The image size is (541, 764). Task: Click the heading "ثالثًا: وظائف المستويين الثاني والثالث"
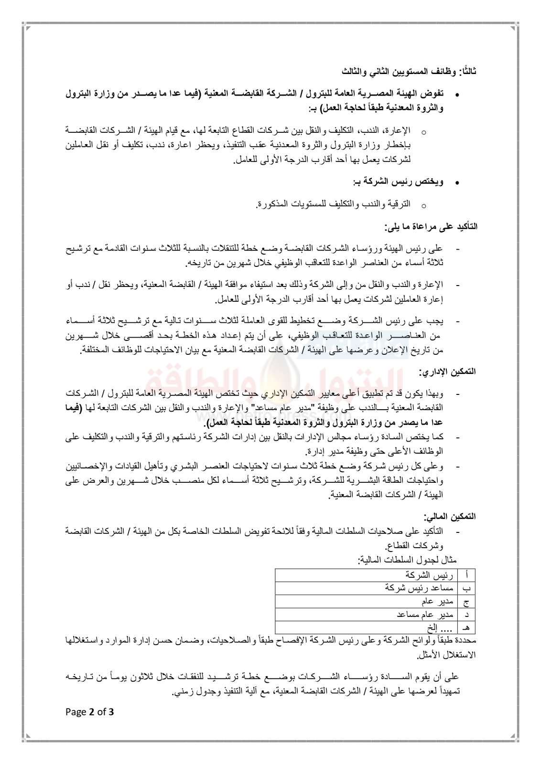pos(409,72)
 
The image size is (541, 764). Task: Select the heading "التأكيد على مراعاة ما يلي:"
pos(432,227)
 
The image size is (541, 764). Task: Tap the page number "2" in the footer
pos(91,712)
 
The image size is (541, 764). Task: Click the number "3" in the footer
pos(112,712)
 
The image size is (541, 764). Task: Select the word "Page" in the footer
pos(76,712)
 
